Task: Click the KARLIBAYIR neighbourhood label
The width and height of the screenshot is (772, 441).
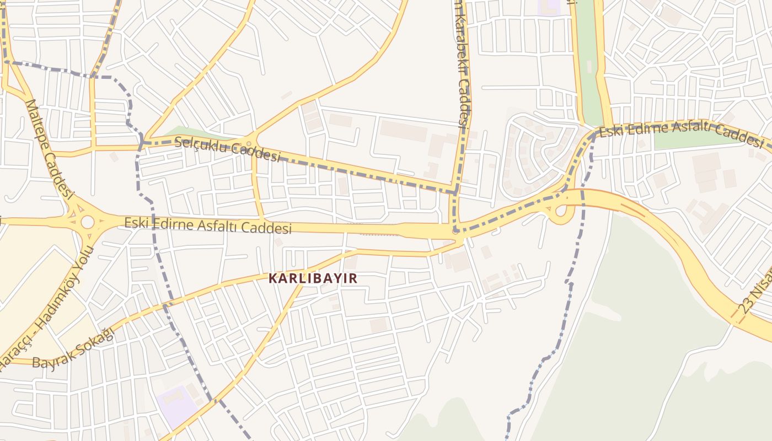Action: (313, 278)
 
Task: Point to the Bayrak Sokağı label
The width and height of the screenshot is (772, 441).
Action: (72, 348)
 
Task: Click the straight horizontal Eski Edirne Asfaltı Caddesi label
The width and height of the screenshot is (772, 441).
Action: (207, 225)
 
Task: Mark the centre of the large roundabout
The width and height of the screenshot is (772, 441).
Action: (87, 222)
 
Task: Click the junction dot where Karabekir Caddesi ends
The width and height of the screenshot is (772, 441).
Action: (455, 232)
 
